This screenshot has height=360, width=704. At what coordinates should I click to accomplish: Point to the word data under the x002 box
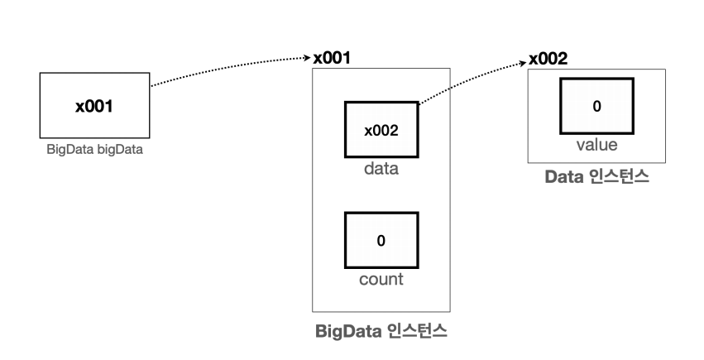[x=381, y=170]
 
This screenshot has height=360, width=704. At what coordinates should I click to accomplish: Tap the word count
[x=381, y=279]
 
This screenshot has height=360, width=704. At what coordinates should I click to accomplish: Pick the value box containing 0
[x=596, y=106]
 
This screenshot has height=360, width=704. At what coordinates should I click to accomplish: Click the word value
[x=596, y=145]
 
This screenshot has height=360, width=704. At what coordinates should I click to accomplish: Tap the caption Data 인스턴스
[x=596, y=177]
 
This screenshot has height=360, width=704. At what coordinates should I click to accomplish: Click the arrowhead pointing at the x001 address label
[x=307, y=58]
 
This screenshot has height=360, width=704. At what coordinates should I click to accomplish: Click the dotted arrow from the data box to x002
[x=472, y=79]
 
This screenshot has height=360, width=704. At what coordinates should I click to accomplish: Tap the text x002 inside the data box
[x=381, y=131]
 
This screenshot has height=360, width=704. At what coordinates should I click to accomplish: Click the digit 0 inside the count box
[x=381, y=241]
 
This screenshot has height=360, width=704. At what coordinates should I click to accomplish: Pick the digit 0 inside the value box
[x=596, y=106]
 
